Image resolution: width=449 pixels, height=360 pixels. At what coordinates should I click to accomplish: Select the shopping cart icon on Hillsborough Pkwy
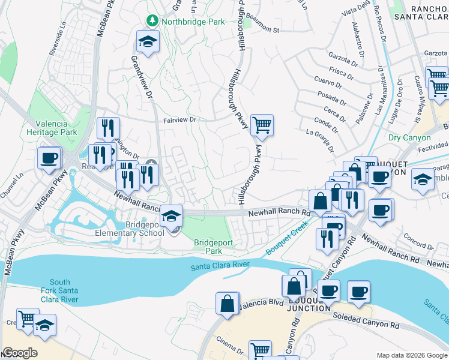coord(262,125)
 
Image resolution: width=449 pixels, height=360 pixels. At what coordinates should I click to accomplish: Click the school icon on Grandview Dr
coord(147,41)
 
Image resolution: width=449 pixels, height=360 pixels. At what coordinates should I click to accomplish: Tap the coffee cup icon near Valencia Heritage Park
coord(49,158)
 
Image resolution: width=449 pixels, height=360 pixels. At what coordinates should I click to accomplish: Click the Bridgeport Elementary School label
coord(137,229)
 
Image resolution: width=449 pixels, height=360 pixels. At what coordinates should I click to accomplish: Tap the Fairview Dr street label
coord(180,120)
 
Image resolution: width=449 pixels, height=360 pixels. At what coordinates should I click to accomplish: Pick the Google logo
coord(20,353)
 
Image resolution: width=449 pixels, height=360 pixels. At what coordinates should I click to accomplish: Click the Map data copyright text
coord(411,355)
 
